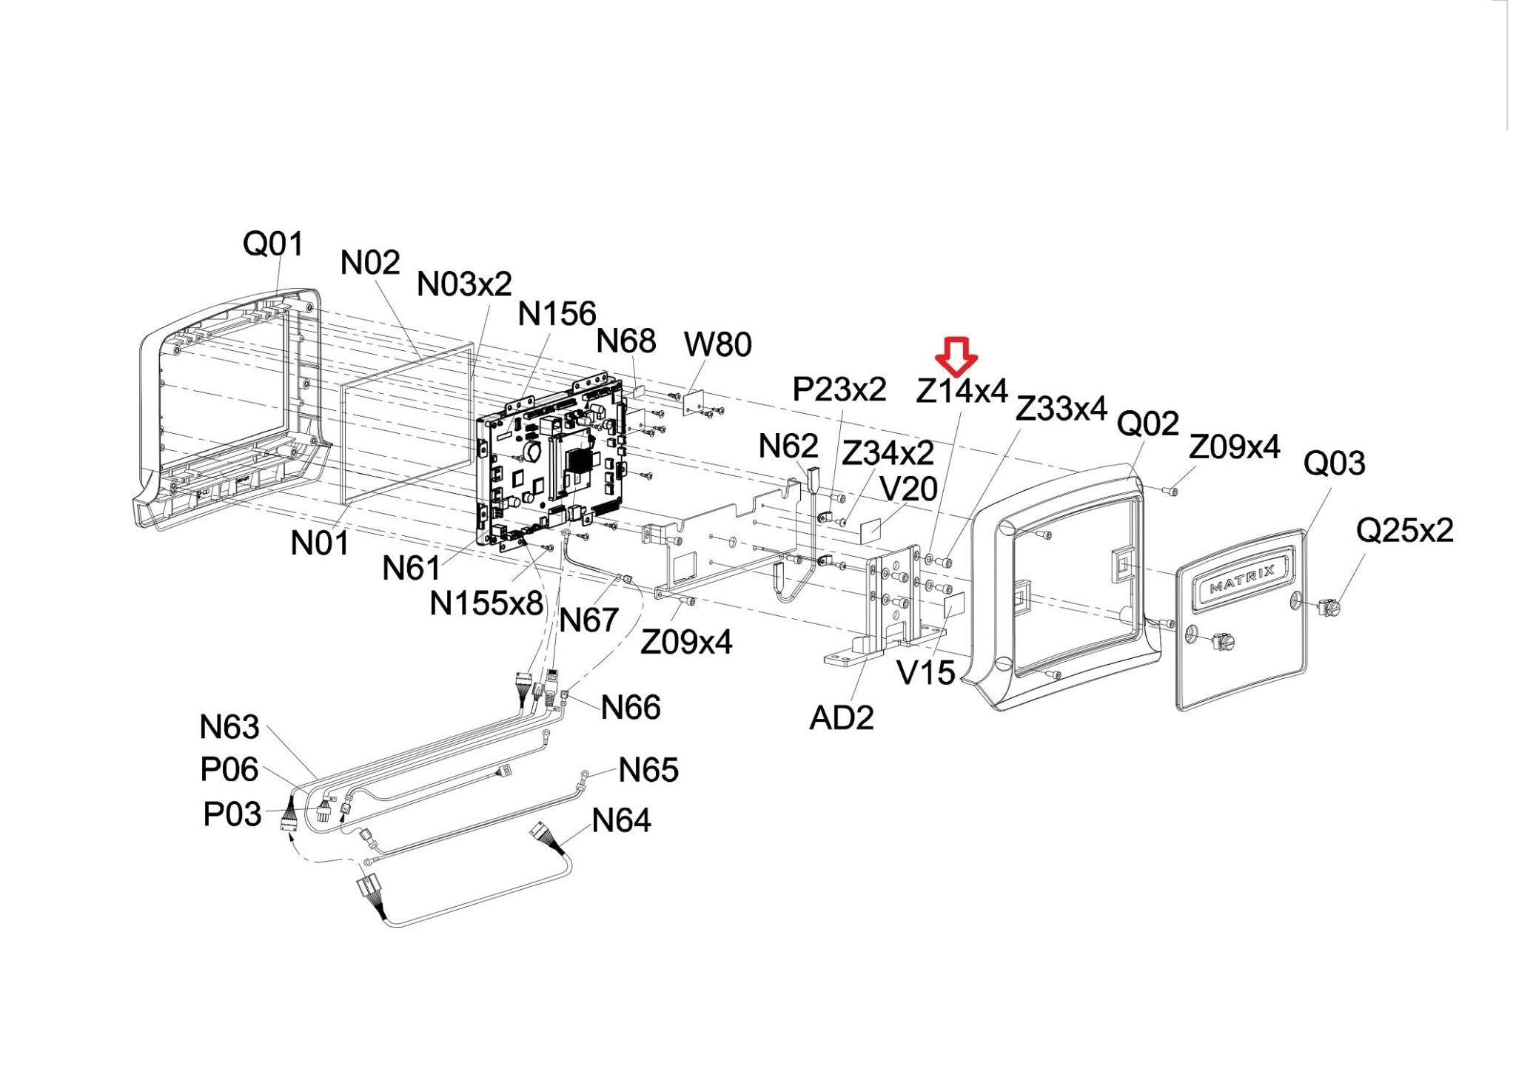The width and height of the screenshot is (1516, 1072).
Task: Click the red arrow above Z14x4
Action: coord(956,356)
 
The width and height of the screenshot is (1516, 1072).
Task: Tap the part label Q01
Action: coord(273,243)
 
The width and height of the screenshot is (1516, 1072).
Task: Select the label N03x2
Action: coord(464,284)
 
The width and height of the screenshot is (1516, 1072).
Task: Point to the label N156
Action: coord(557,314)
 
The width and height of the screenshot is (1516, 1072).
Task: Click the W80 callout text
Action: coord(717,344)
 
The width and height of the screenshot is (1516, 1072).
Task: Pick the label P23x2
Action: coord(839,389)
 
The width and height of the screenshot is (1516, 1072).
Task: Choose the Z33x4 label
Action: coord(1061,408)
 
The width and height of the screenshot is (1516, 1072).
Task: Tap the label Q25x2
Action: coord(1404,530)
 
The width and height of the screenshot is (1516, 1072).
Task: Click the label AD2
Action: coord(842,717)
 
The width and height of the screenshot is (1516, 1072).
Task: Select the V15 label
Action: coord(925,673)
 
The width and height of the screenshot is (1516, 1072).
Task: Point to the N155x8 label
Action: coord(486,604)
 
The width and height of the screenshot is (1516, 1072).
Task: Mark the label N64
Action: coord(621,820)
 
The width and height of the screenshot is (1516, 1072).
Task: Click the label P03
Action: coord(232,814)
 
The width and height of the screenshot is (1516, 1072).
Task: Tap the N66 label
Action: coord(631,708)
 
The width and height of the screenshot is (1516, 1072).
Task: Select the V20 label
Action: coord(908,489)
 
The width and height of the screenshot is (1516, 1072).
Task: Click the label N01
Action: coord(319,543)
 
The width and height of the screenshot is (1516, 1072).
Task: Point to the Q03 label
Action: coord(1334,463)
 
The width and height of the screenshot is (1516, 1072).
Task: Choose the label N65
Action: coord(648,770)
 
